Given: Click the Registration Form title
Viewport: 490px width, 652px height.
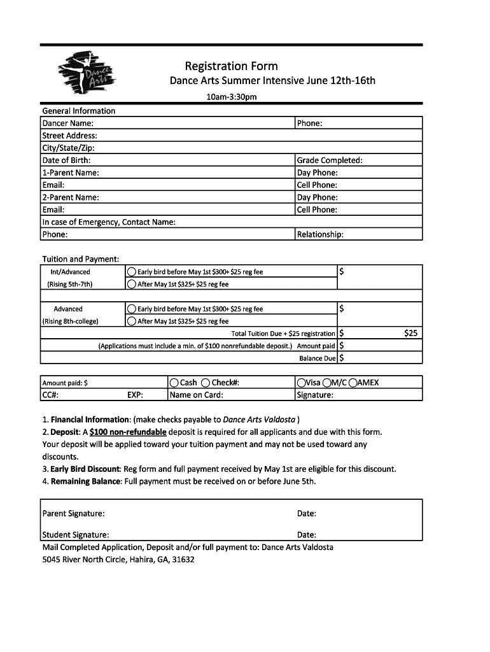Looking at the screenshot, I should coord(231,66).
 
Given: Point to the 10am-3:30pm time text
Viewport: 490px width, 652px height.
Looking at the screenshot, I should coord(231,97).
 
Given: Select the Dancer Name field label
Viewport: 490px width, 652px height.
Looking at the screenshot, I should coord(68,123).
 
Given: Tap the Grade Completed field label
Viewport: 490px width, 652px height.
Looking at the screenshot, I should coord(330,160).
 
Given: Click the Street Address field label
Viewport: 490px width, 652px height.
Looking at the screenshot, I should coord(70,136).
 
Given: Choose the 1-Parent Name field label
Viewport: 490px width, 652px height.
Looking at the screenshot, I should coord(71,173).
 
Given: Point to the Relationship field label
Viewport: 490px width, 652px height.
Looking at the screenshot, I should coord(321,234).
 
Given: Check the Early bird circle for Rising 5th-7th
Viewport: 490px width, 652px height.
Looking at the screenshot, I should coord(132,272).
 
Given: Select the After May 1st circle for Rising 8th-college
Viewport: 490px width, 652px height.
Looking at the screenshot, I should coord(132,322).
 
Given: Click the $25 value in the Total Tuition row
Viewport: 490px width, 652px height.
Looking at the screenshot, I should coord(411,333).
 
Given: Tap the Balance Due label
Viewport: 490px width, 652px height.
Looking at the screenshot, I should coord(318,358).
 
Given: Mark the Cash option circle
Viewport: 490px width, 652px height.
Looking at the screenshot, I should coord(174,383).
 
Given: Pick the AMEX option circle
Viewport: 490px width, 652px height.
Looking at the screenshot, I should coord(353,383).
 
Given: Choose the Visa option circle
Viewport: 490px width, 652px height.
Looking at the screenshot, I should coord(301,383).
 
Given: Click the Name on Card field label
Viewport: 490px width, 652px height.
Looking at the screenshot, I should coord(197,395).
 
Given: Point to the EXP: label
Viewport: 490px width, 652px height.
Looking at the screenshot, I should coord(135,395).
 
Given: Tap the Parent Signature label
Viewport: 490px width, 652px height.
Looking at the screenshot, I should coord(74,513).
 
